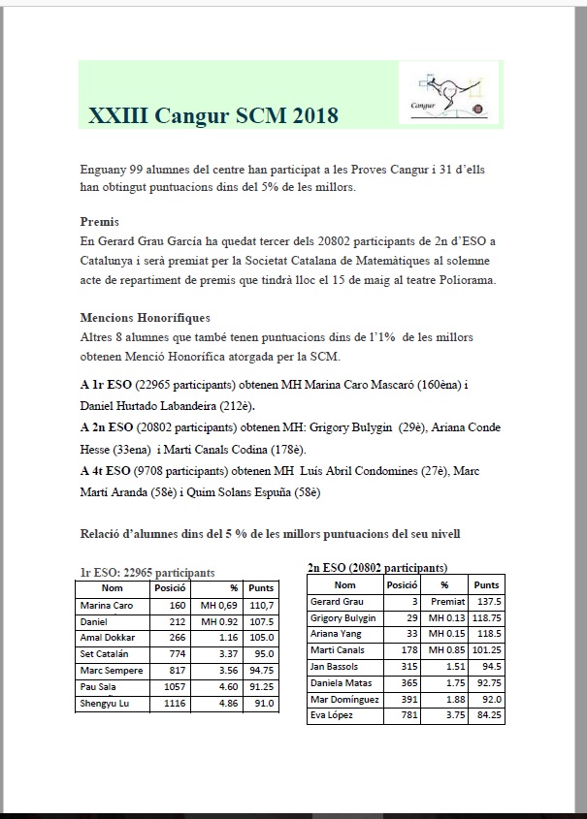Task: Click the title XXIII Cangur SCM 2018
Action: point(212,116)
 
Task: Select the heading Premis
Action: point(100,221)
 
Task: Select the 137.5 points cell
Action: point(485,602)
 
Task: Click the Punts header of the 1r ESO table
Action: point(261,588)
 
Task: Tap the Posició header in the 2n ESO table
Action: point(402,585)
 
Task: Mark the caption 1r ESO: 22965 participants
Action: point(147,572)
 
